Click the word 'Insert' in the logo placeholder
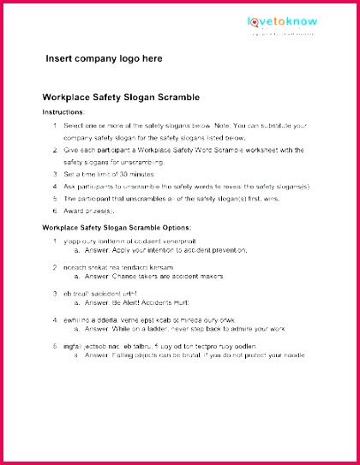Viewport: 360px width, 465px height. click(x=60, y=59)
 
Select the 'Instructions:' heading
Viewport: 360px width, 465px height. click(x=63, y=112)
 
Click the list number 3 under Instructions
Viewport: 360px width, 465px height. click(x=55, y=173)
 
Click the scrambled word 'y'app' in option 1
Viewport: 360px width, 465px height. click(x=71, y=241)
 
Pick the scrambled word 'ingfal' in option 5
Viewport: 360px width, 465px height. click(x=72, y=346)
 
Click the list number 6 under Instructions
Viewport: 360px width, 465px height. click(x=55, y=210)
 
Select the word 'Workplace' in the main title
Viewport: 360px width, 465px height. click(x=69, y=98)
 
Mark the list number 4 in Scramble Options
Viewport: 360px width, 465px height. click(x=55, y=319)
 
